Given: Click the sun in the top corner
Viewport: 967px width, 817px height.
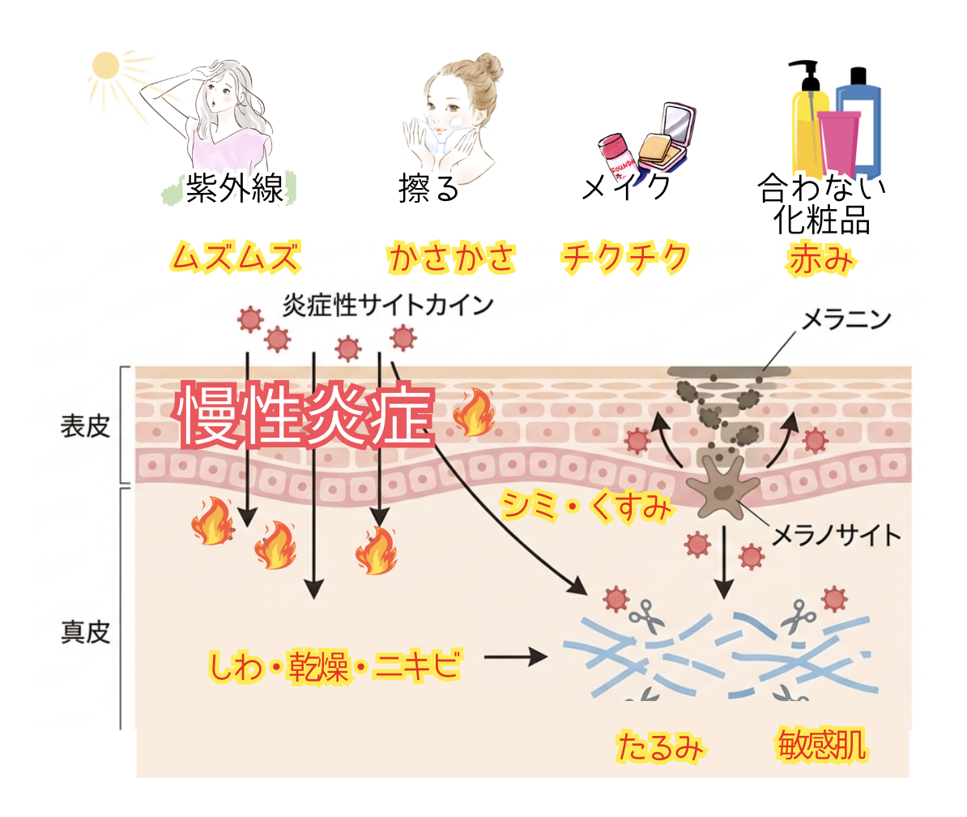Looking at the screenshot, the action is [105, 66].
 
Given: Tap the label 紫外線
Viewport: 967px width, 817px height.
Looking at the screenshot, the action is [234, 187].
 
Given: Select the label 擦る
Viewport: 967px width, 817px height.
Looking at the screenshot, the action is [428, 188].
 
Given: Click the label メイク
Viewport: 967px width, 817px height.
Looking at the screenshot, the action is [626, 186].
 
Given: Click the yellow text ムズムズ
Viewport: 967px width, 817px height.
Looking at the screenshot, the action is [236, 257].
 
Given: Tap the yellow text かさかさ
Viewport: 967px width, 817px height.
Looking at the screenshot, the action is [451, 257].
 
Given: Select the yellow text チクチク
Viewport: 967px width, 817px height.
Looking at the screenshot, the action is [624, 257].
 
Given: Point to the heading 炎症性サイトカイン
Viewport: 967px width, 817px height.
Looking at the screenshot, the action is [388, 305].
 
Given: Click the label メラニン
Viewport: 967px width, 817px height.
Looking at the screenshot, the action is [846, 319].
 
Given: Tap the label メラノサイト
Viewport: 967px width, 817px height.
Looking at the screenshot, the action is [837, 535].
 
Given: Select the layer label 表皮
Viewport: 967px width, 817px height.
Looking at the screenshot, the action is [85, 426].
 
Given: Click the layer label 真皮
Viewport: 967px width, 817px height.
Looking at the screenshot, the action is [85, 632].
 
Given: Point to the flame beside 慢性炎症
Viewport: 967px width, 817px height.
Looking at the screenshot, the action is [474, 413].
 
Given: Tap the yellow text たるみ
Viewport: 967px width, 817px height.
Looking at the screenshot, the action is [660, 746].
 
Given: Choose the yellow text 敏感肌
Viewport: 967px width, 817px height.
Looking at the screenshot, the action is [821, 746].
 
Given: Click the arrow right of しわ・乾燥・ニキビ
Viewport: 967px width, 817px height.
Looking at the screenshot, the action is [516, 657].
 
